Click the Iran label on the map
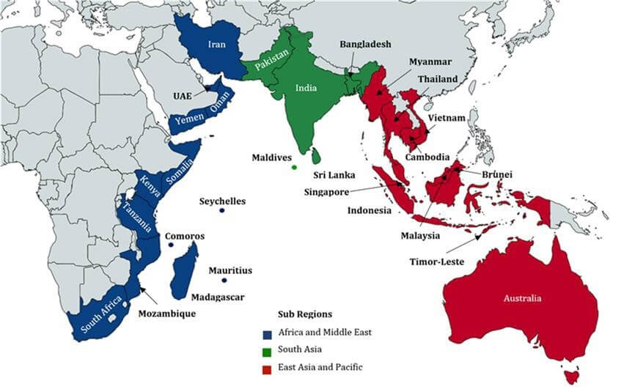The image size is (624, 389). point(216,45)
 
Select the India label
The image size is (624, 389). point(306,87)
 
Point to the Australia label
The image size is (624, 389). point(522,298)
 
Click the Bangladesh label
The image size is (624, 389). point(365,45)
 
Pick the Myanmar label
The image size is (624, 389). point(430,62)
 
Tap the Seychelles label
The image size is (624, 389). point(223,201)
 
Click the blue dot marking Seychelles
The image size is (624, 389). point(221,212)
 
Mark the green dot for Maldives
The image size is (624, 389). point(294,168)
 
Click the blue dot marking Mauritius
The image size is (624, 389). point(225,281)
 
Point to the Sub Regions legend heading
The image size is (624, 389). point(304,314)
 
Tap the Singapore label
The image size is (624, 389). point(328,193)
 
